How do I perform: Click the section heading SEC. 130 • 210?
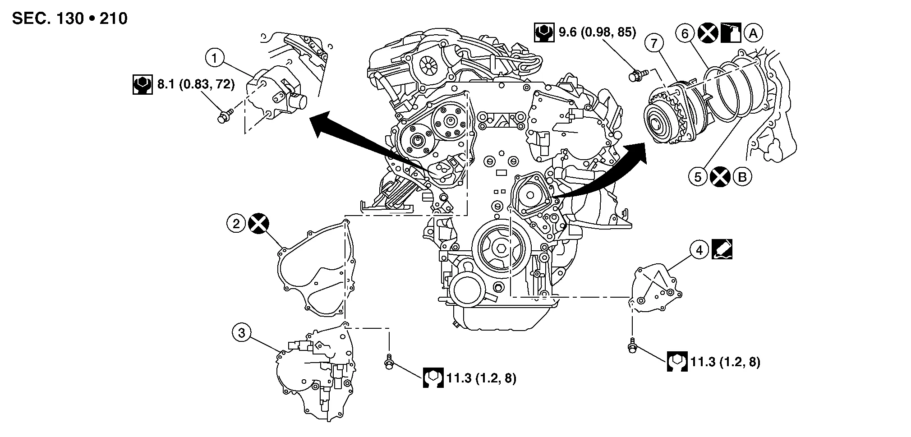(70, 18)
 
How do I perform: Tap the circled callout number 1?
(215, 58)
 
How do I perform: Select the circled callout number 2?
(236, 223)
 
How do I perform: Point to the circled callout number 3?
(242, 333)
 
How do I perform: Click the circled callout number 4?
(699, 250)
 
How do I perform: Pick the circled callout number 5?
(698, 176)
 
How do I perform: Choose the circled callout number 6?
(685, 33)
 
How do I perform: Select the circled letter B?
(742, 176)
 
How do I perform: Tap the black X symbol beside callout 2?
(259, 223)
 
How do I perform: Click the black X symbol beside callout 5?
(720, 176)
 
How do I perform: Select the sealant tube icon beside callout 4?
(722, 249)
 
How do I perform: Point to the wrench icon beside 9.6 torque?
(544, 32)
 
